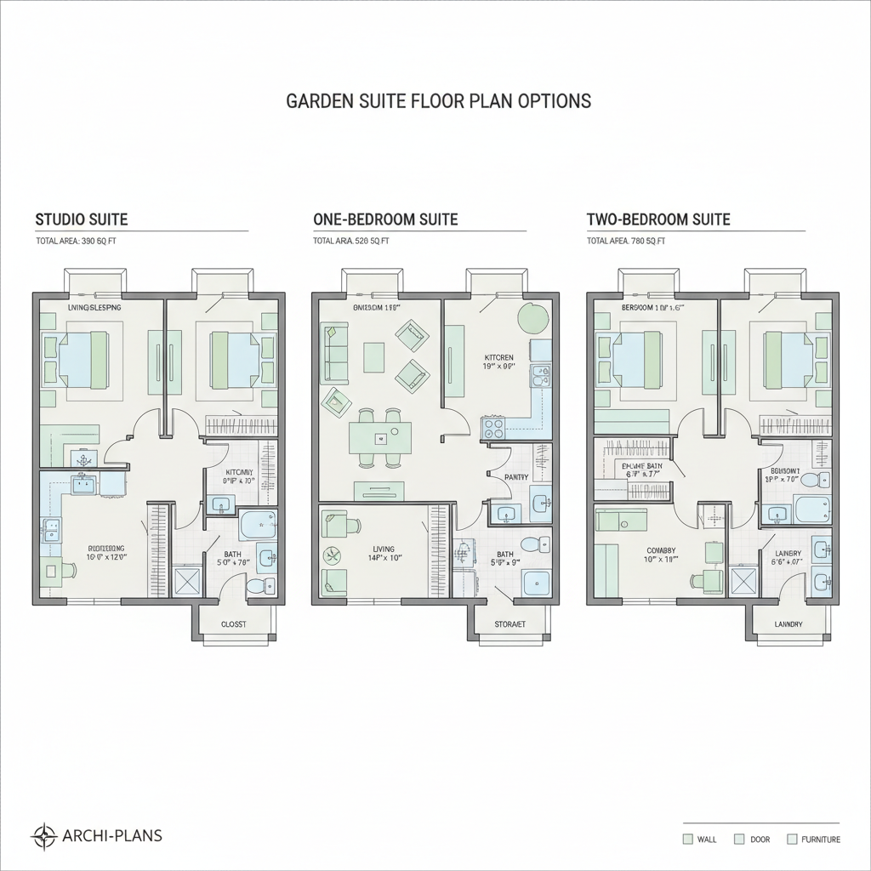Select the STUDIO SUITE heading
[x=82, y=219]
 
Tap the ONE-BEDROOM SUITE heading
[x=385, y=219]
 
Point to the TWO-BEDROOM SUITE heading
[x=658, y=219]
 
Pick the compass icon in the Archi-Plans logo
[x=43, y=836]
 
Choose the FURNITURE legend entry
[x=814, y=840]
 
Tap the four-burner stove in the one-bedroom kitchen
[x=493, y=427]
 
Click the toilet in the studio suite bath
[x=256, y=586]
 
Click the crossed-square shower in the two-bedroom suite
[x=745, y=582]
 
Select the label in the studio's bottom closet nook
[x=233, y=624]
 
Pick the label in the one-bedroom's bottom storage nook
[x=510, y=624]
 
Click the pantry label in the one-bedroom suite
[x=516, y=477]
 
